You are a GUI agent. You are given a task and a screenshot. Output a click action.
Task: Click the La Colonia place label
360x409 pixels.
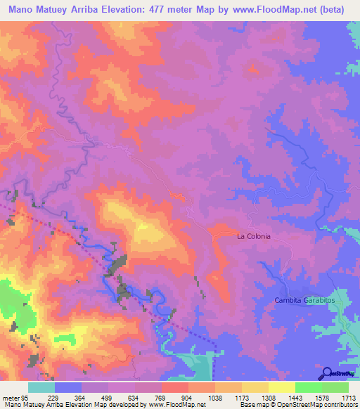(x=253, y=236)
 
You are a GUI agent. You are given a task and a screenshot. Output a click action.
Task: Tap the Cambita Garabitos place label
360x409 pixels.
(x=303, y=300)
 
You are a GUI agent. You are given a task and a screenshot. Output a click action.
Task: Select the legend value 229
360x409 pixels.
(x=53, y=397)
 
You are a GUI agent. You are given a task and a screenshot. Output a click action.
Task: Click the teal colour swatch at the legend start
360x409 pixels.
(x=41, y=387)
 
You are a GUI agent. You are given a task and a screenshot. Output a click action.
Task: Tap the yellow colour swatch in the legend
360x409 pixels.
(x=282, y=387)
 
